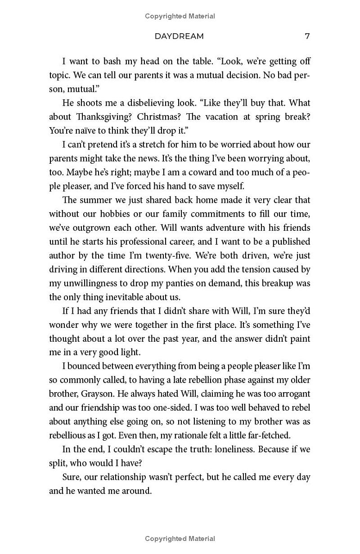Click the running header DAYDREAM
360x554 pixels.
pyautogui.click(x=179, y=36)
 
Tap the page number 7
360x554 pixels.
pyautogui.click(x=307, y=36)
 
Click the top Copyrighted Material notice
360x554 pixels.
pyautogui.click(x=180, y=16)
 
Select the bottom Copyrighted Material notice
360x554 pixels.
pyautogui.click(x=180, y=538)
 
